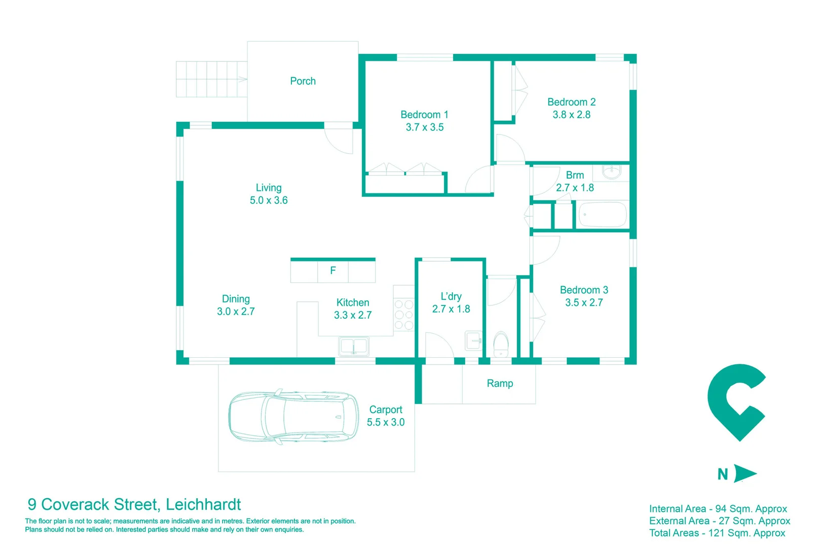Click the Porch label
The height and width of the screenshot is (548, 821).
pos(303,81)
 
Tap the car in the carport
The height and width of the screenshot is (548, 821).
pos(293,418)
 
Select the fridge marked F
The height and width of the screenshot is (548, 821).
pos(332,271)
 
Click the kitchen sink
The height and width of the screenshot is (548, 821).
pos(354,347)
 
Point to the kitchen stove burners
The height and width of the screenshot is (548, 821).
pos(404,315)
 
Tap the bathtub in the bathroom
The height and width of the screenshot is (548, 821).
pos(603,215)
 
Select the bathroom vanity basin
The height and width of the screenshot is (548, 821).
pos(612,172)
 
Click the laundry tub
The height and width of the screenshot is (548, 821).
pos(474,341)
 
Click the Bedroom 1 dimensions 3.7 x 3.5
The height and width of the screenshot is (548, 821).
pos(425,127)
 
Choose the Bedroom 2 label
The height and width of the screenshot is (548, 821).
pos(571,102)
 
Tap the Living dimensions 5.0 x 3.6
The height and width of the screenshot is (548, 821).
pos(269,200)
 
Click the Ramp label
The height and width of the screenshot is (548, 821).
pos(500,384)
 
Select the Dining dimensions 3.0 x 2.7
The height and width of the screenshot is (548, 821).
pos(236,312)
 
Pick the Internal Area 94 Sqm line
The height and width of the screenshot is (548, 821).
pos(718,509)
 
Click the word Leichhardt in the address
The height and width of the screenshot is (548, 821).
pos(203,504)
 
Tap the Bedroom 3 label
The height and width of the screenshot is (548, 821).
pos(584,290)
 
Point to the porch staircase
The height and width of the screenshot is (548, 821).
pos(211,79)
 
